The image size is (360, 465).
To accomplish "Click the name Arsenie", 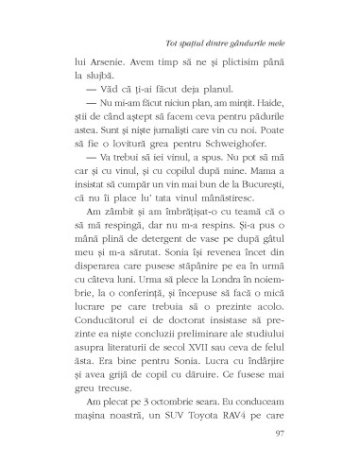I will (107, 73).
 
